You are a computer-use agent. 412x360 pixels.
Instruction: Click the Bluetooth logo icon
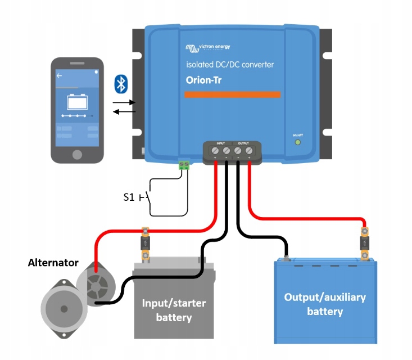pos(121,84)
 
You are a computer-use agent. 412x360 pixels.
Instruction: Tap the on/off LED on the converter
pos(298,142)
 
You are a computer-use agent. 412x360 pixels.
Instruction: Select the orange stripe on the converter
pos(232,94)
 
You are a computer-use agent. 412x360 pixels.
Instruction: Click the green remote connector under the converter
pos(184,165)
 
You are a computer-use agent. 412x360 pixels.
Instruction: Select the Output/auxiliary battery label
pos(325,304)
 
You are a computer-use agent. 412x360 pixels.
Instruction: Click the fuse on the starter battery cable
pos(145,243)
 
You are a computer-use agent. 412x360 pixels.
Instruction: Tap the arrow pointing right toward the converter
pos(124,103)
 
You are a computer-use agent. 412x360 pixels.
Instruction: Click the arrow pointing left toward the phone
pos(124,111)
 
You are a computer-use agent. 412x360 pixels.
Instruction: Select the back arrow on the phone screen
pos(59,74)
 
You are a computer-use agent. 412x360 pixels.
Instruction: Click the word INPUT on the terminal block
pos(220,144)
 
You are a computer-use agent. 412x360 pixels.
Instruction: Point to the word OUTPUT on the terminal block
pos(243,144)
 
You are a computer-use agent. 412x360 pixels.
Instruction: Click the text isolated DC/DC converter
pos(230,65)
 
